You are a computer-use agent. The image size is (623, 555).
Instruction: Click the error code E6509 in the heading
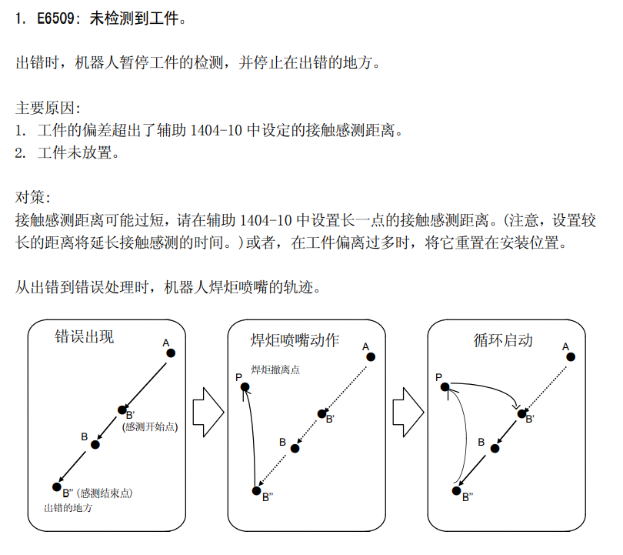click(55, 18)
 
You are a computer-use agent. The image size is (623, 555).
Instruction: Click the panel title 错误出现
click(85, 336)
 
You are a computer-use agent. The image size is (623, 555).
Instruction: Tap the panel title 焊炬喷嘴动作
click(295, 340)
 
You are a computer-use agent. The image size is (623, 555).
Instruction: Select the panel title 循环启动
click(502, 340)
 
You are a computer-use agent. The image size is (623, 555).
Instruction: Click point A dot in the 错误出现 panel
click(171, 353)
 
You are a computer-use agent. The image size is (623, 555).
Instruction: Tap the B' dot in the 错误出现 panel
click(122, 410)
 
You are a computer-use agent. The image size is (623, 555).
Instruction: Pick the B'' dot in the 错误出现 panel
click(57, 486)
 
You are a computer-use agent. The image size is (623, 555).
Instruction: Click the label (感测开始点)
click(150, 427)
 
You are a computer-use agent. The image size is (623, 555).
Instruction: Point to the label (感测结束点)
click(105, 493)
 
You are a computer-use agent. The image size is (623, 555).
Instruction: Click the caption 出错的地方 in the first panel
click(68, 508)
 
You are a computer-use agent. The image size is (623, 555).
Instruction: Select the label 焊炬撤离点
click(275, 369)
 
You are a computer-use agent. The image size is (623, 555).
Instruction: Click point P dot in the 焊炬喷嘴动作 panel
click(245, 387)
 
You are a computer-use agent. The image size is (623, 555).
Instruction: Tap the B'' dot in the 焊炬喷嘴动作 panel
click(257, 491)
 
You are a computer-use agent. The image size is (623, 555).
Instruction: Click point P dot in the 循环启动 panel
click(445, 386)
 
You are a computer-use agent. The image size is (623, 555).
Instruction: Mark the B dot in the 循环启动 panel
click(495, 449)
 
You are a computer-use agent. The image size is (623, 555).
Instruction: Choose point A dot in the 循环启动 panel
click(571, 357)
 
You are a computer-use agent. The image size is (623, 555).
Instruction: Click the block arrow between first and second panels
click(208, 413)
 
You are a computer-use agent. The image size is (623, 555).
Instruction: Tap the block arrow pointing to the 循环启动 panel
click(408, 413)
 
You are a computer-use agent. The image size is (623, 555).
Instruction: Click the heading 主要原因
click(48, 108)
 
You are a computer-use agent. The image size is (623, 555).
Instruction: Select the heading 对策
click(32, 197)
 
